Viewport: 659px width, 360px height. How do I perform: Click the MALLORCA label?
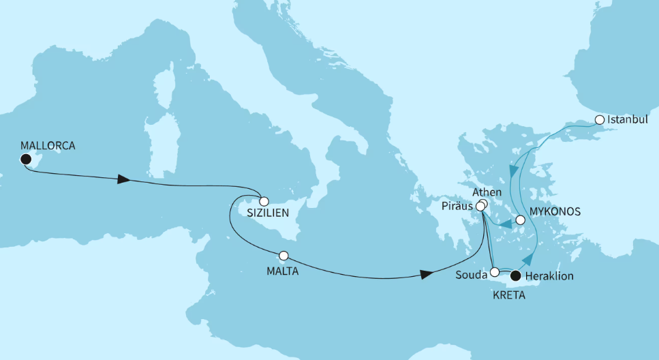48,145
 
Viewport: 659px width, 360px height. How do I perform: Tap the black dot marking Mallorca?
26,160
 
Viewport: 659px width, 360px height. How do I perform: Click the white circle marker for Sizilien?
264,201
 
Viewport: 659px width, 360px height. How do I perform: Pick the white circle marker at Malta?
283,256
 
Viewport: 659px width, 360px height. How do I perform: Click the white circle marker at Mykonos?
521,220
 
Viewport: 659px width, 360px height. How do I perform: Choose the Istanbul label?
628,120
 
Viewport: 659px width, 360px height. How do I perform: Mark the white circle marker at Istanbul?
600,120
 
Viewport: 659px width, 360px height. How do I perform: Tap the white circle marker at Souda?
495,271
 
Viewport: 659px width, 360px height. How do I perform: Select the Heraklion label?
550,276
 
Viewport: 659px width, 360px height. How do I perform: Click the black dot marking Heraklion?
516,276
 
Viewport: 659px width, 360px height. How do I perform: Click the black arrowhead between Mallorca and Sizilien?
123,179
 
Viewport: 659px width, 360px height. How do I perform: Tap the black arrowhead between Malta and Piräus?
427,274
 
